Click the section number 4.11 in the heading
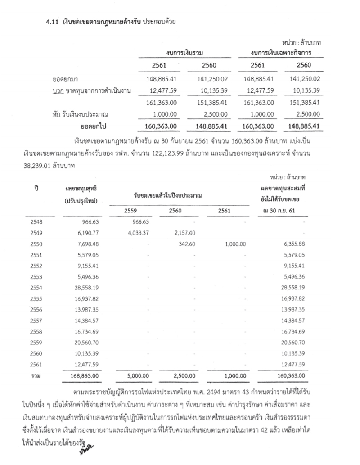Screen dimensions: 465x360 coord(52,22)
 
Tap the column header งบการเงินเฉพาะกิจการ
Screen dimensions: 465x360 coord(282,53)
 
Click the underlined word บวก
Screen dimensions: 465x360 coord(58,91)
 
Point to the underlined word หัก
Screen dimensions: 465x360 coord(58,114)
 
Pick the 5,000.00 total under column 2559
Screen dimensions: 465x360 coord(139,375)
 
